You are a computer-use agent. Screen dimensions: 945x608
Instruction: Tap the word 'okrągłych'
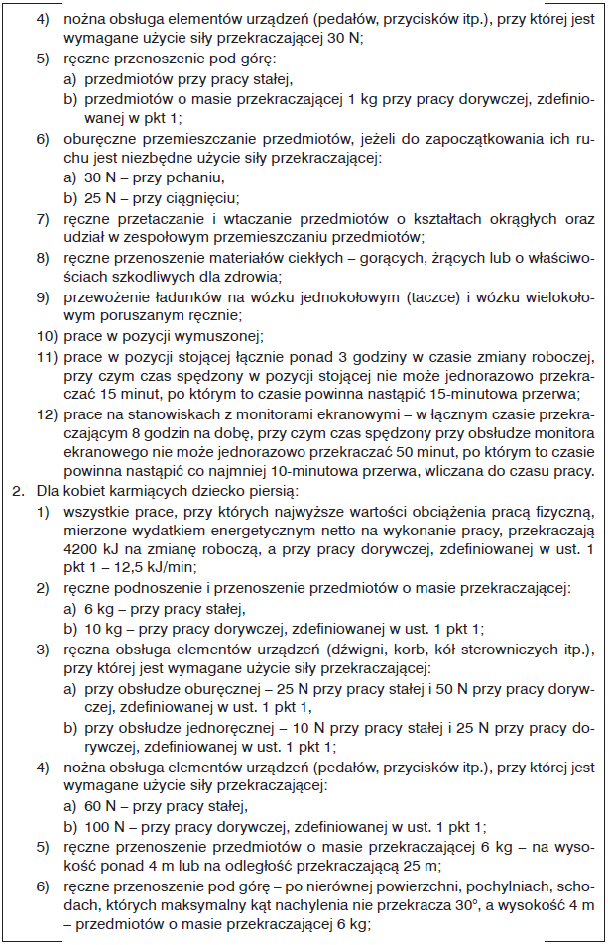(x=529, y=217)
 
